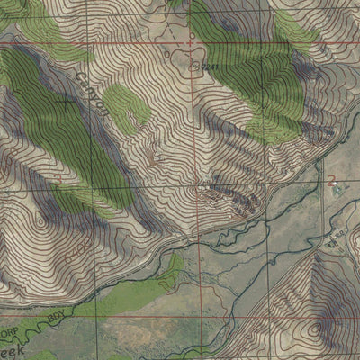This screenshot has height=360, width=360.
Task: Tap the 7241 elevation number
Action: click(211, 66)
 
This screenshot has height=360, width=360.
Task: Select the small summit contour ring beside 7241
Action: click(197, 63)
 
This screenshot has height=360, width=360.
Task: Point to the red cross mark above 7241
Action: click(190, 42)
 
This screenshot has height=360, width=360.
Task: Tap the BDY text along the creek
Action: click(56, 317)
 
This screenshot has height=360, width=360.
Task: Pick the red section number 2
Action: click(332, 180)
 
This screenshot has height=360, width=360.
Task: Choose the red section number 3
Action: click(59, 179)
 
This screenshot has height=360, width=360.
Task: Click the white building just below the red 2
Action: click(335, 192)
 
